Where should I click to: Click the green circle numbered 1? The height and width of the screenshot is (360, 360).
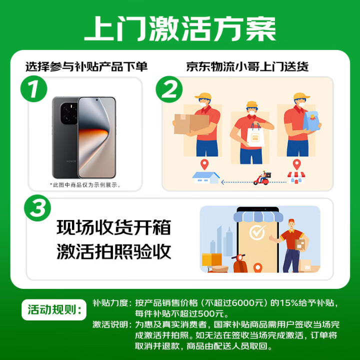coord(34,89)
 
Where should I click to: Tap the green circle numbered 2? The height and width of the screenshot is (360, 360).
coord(169,89)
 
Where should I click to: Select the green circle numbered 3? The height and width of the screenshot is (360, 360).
coord(37,208)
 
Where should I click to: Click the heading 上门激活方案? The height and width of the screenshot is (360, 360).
coord(180,28)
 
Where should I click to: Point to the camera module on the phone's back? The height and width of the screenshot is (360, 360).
coord(69,113)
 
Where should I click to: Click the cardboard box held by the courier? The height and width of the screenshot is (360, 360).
coord(191,124)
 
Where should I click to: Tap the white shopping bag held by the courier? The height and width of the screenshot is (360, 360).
coord(255,135)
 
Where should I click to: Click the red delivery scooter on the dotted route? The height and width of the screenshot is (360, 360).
coord(262,178)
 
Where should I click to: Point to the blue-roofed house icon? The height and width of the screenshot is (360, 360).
coord(205,177)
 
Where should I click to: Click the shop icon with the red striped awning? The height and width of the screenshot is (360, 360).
coord(296,177)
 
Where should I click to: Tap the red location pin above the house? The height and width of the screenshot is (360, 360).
coord(204,164)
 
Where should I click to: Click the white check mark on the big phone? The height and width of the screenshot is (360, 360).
coord(257,232)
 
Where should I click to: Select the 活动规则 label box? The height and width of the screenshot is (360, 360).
coord(54,309)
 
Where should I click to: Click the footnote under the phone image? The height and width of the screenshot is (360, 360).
coord(85,185)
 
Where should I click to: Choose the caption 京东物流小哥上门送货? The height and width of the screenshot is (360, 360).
coord(247,67)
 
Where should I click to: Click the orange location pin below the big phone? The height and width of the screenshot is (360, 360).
coord(257,267)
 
